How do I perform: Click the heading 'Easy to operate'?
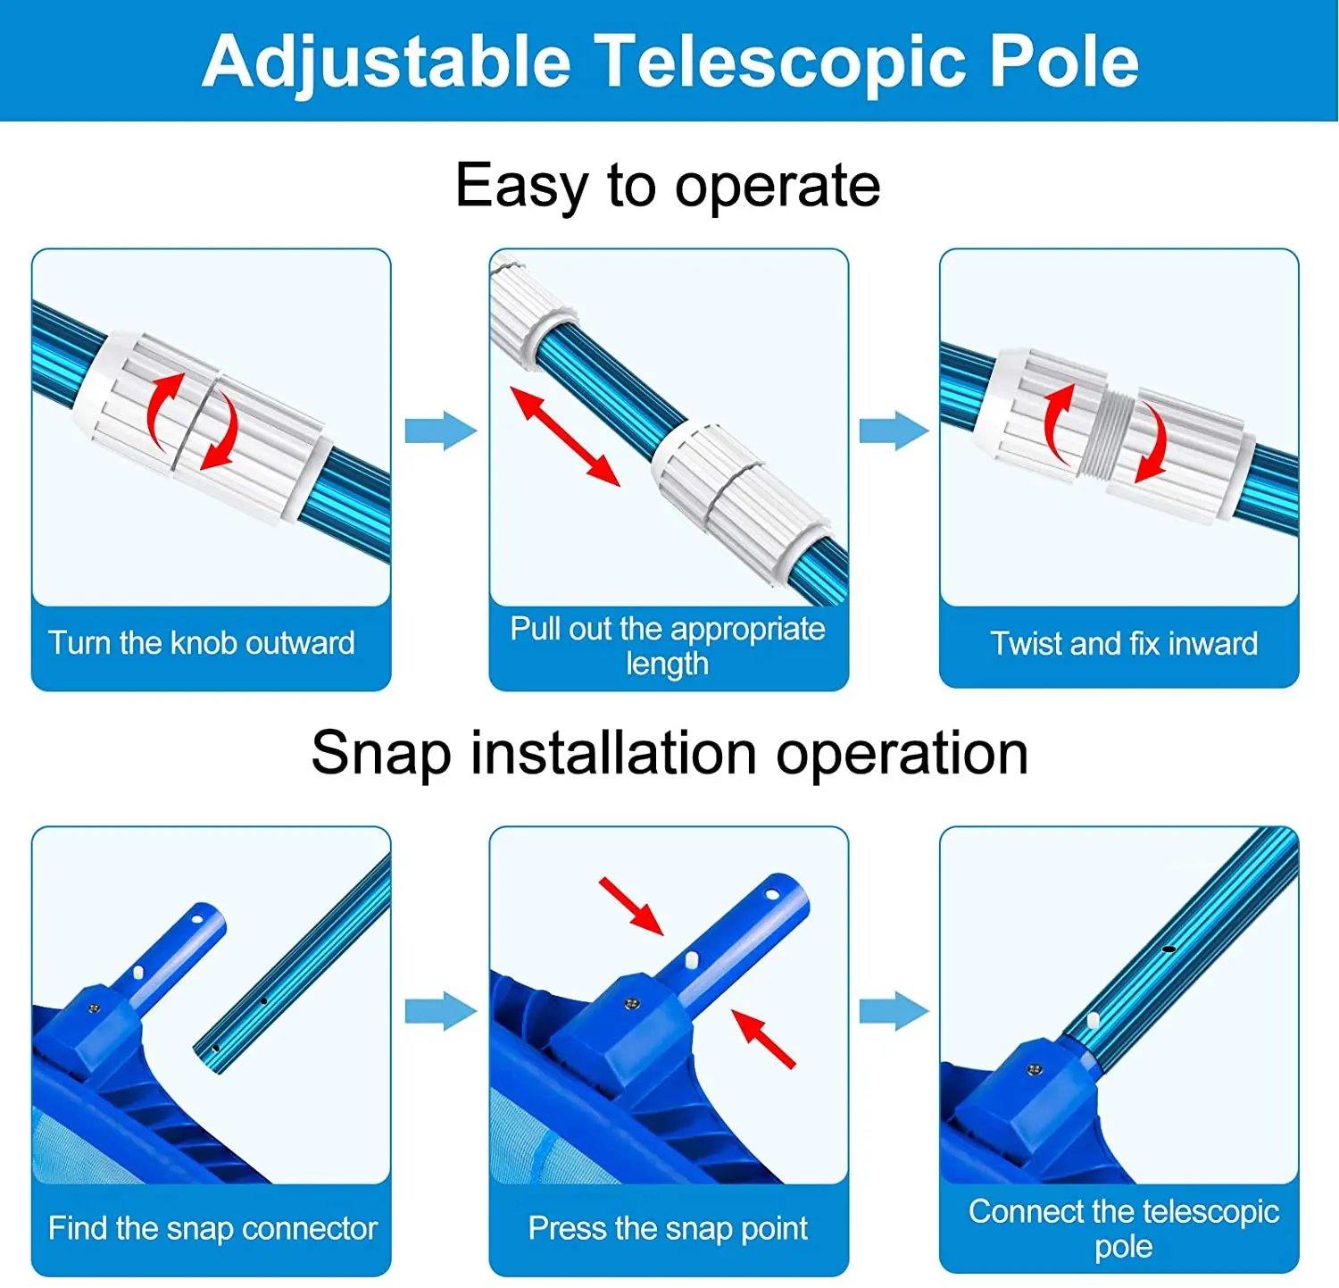[668, 186]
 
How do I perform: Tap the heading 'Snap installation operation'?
[669, 753]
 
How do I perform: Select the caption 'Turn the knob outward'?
[202, 643]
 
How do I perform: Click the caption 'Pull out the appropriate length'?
[668, 646]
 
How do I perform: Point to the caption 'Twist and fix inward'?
[1124, 643]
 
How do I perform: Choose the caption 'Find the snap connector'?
[212, 1228]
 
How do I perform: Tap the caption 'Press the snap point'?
[668, 1228]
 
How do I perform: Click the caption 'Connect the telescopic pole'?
[1124, 1228]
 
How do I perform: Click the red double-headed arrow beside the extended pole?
[565, 436]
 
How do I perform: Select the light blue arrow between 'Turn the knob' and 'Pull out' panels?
[440, 431]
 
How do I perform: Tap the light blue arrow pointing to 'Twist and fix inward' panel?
[894, 431]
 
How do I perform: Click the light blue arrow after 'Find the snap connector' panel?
[440, 1012]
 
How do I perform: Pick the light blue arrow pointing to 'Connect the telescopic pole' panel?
[894, 1012]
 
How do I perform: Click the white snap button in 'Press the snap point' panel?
[692, 961]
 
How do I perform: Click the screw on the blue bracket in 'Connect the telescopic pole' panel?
[1035, 1069]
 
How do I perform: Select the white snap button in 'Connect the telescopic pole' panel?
[1093, 1019]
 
